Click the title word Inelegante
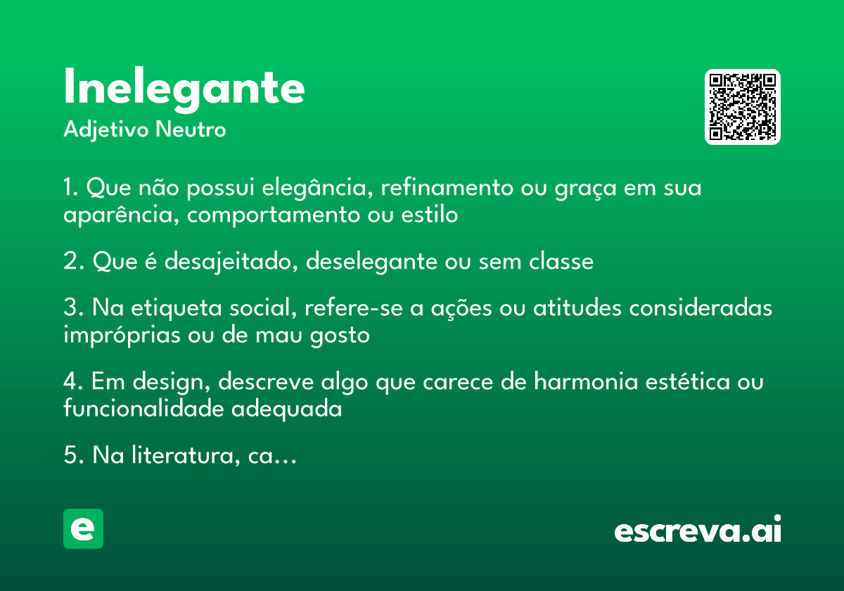184,88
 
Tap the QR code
743,107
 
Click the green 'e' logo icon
83,528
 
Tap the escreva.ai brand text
698,530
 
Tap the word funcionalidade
144,409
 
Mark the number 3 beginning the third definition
70,309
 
